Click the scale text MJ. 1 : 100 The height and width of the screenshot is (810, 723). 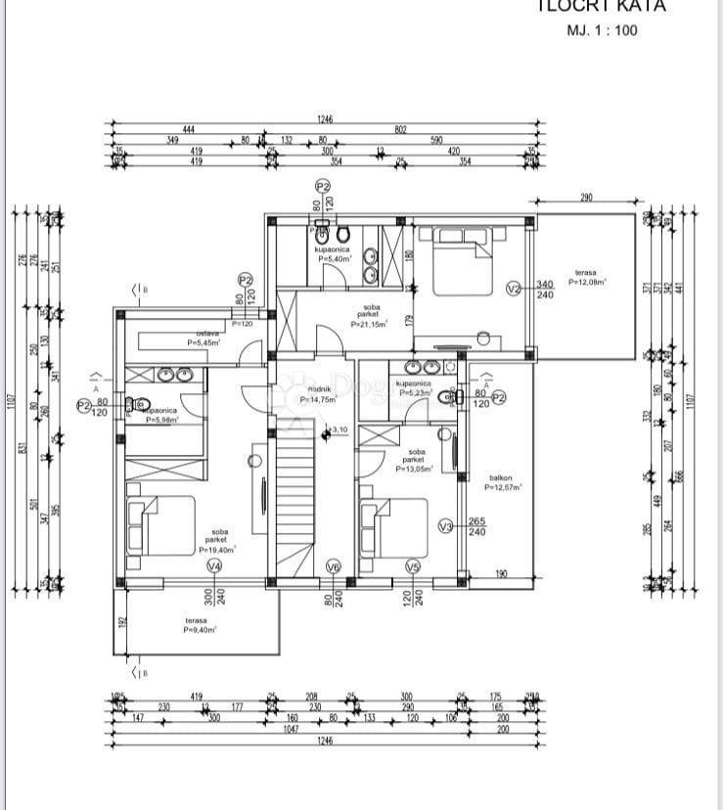point(602,30)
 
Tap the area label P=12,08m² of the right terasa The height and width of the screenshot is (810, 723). point(587,282)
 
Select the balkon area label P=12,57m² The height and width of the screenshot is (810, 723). point(503,486)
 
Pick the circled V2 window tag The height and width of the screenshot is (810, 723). point(515,288)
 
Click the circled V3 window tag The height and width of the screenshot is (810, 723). point(445,526)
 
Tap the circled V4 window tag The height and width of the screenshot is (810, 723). point(214,565)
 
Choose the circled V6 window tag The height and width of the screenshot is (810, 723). point(333,565)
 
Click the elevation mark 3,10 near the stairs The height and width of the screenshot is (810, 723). point(339,429)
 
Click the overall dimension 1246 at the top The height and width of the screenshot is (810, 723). point(325,119)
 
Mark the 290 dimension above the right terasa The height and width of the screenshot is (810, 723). point(586,199)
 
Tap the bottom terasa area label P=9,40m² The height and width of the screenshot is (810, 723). point(200,631)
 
